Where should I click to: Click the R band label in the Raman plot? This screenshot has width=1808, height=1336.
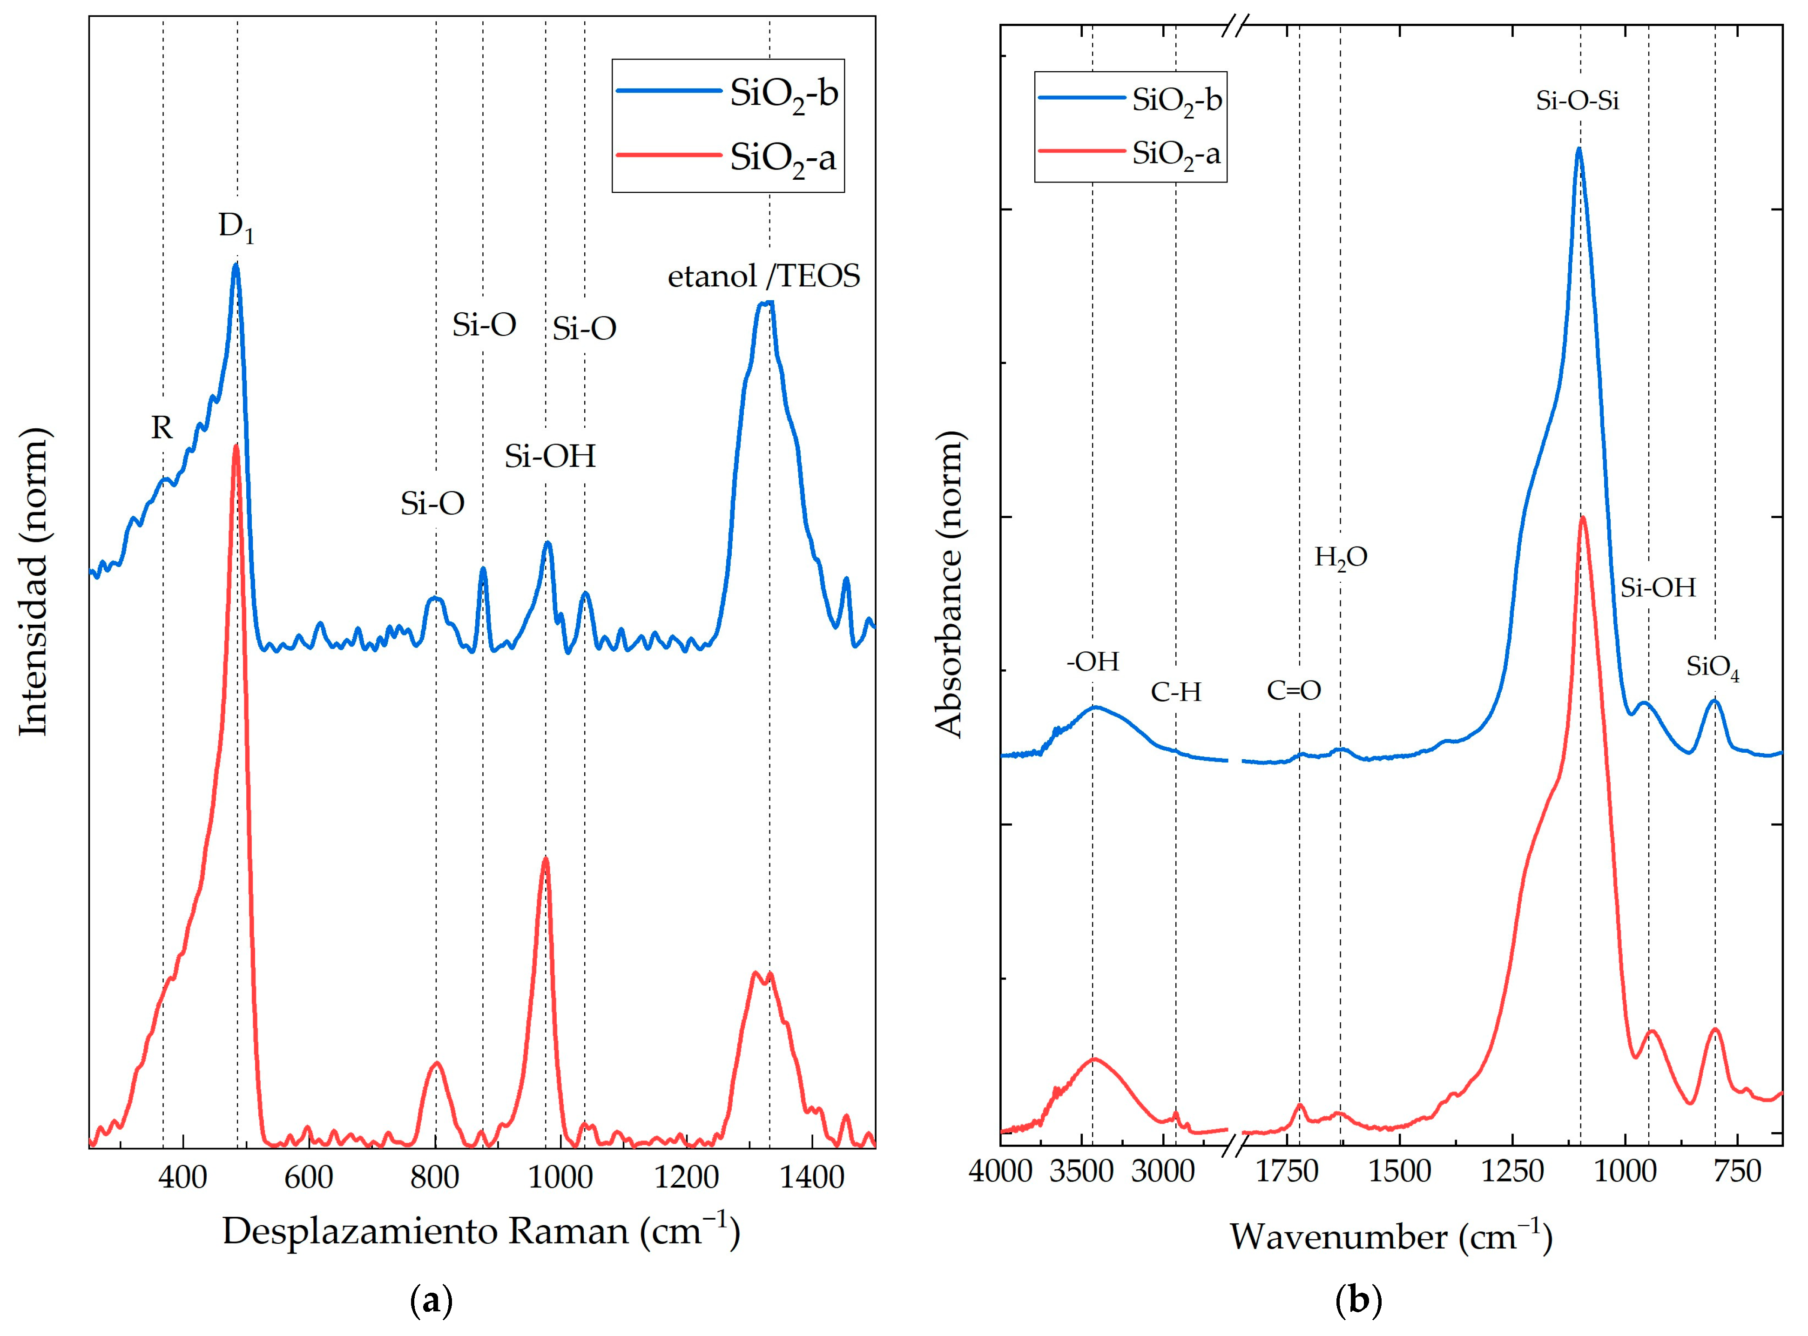point(162,428)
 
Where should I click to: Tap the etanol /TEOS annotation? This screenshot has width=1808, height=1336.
point(763,277)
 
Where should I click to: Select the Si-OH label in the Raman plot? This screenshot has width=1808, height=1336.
point(550,457)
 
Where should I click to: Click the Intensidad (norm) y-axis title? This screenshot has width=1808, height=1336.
point(34,582)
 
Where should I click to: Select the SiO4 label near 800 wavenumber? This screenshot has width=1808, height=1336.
point(1713,668)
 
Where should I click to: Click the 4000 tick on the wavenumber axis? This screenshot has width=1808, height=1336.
point(1000,1170)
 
